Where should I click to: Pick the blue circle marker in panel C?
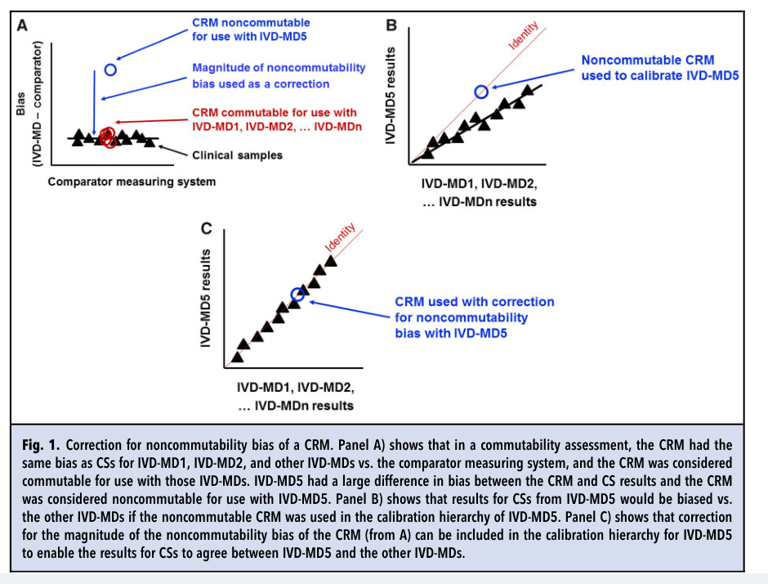(x=297, y=294)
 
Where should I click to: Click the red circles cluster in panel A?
(x=107, y=138)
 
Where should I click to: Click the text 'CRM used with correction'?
(x=475, y=302)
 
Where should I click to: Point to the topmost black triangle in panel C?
(x=330, y=261)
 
